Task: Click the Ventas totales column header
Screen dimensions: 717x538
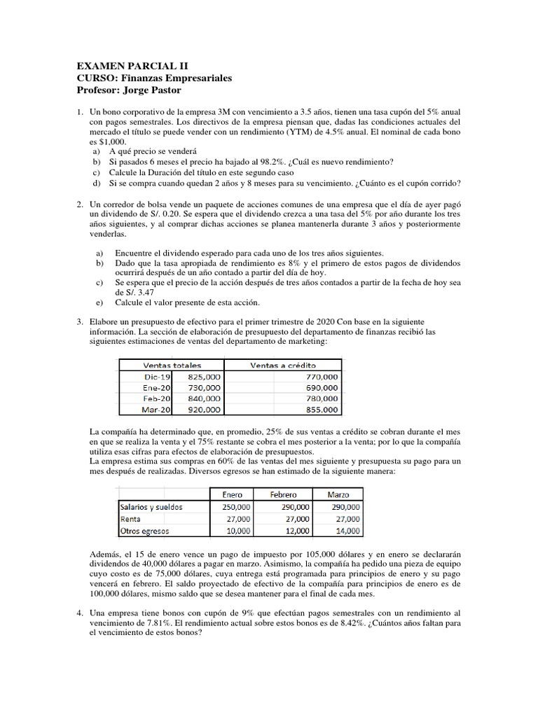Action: coord(172,365)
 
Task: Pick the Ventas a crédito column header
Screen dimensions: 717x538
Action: coord(282,365)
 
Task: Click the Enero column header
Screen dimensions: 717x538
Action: coord(233,494)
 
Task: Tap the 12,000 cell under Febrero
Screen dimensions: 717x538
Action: coord(294,531)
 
